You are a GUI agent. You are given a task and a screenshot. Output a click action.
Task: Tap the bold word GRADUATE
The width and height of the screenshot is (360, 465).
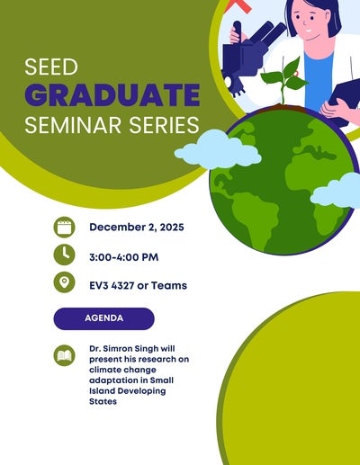(112, 94)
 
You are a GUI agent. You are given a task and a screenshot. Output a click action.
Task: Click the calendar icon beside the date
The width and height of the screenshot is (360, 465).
(63, 227)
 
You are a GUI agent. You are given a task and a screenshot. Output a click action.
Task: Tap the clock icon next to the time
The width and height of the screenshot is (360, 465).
(63, 255)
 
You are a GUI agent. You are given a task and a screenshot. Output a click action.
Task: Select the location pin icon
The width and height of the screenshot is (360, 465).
(63, 283)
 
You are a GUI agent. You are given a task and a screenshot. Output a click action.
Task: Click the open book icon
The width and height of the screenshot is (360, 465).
(63, 354)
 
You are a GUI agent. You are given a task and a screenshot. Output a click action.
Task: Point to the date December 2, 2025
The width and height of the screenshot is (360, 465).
(136, 228)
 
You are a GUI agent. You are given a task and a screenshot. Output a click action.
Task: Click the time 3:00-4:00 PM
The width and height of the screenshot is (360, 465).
(123, 257)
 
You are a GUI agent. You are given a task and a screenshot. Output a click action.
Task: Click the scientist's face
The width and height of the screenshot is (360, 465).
(310, 27)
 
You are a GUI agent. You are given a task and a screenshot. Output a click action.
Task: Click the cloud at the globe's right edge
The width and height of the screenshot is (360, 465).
(337, 191)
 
